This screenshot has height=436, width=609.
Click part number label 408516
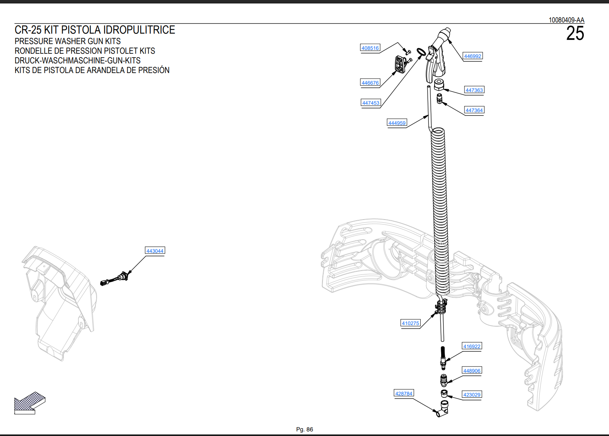click(370, 48)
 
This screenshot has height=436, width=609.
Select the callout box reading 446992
click(473, 56)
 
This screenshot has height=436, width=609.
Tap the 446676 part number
click(370, 83)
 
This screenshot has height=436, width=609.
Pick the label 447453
click(370, 103)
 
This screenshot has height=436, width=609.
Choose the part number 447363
click(474, 90)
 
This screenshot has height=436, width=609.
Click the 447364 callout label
click(474, 110)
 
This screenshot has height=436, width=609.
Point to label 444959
click(397, 123)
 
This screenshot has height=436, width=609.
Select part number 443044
click(155, 250)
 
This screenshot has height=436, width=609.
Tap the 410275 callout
click(411, 323)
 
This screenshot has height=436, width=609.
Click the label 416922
click(472, 346)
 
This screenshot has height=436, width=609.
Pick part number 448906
click(472, 371)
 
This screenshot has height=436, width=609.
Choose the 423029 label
click(472, 395)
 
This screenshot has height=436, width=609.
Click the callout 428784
click(404, 393)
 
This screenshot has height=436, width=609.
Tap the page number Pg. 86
click(305, 429)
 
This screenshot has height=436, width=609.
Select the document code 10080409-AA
click(566, 20)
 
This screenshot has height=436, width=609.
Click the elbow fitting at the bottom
click(442, 409)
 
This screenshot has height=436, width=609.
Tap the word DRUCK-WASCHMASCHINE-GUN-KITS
click(77, 60)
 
